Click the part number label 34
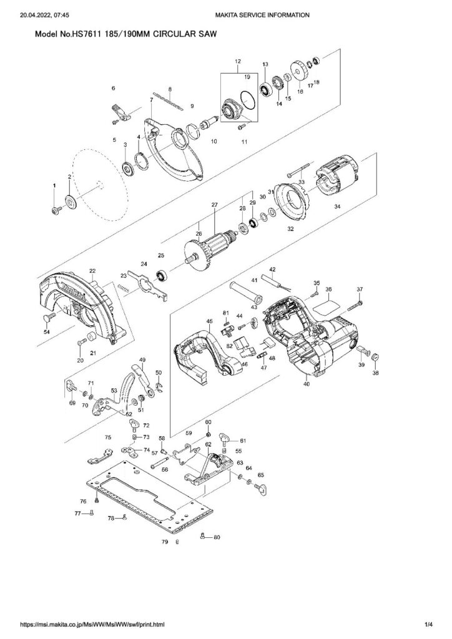click(x=337, y=206)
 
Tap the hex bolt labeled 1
click(x=55, y=210)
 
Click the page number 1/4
click(x=428, y=624)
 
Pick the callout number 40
click(x=306, y=384)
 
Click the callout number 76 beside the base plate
click(x=82, y=501)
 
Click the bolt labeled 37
click(x=360, y=305)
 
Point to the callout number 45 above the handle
click(x=210, y=321)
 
